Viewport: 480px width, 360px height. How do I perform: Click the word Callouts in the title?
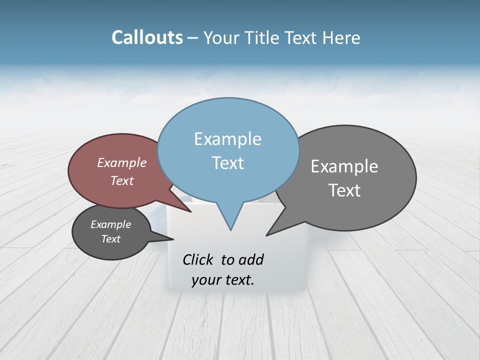click(147, 37)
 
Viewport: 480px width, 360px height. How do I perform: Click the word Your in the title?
click(220, 38)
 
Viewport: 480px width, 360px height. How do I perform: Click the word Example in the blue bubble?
click(227, 139)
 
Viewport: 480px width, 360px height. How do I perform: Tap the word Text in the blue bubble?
click(227, 163)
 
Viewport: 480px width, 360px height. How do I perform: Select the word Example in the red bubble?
click(122, 162)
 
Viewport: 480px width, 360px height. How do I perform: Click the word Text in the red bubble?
click(122, 180)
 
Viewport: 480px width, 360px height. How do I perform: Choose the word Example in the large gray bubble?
click(344, 166)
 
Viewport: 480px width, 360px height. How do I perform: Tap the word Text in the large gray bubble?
click(344, 190)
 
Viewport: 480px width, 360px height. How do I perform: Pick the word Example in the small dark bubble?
click(110, 224)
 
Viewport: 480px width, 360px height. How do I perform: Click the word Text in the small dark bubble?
click(110, 239)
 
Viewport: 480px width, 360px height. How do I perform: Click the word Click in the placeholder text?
click(199, 259)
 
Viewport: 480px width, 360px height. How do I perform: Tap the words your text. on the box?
click(223, 280)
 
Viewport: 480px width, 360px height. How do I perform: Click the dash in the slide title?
click(193, 38)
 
